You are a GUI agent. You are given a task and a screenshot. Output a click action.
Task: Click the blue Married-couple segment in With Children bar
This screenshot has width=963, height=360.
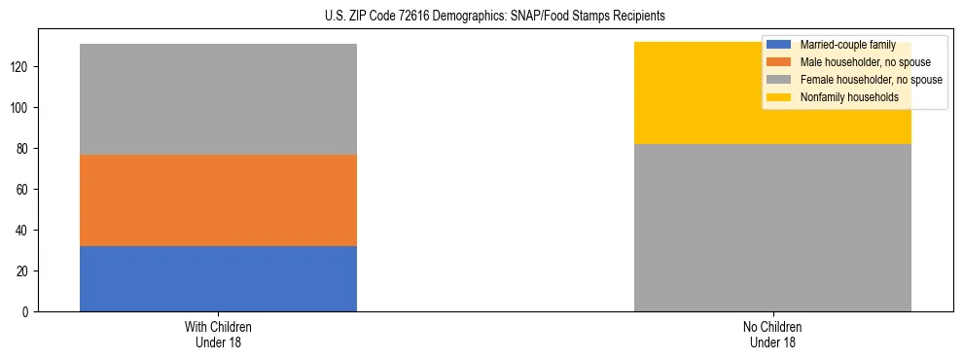tap(218, 278)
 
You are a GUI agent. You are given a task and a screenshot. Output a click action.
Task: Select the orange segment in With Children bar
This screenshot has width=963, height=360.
tap(218, 200)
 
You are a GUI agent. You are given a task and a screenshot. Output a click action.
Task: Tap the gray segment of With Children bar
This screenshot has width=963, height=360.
tap(218, 99)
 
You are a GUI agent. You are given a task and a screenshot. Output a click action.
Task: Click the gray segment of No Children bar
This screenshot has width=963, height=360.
tap(772, 228)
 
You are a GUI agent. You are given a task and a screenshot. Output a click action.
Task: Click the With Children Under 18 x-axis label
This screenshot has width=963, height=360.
tap(218, 334)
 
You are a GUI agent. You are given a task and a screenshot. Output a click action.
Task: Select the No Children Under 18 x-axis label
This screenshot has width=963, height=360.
tap(772, 334)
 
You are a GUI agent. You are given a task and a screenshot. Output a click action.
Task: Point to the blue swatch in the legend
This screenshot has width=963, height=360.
tap(779, 45)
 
